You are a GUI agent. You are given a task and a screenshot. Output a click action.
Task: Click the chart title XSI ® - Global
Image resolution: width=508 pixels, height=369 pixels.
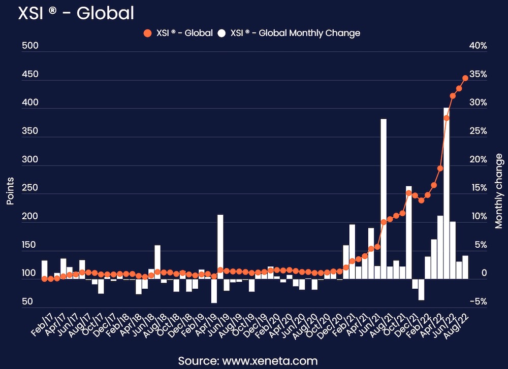76,13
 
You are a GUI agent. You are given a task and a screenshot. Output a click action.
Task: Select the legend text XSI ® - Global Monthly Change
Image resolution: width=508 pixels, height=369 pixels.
295,33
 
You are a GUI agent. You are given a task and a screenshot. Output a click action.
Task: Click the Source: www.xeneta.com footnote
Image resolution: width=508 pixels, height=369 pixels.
247,361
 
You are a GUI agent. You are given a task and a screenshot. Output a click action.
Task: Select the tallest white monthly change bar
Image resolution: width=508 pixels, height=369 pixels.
447,193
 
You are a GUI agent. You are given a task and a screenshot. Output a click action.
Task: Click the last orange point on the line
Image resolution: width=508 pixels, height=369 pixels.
465,78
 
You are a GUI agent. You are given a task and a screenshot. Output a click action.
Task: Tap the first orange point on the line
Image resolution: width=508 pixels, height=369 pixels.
44,279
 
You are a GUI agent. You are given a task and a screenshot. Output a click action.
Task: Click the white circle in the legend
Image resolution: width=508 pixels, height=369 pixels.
221,33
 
